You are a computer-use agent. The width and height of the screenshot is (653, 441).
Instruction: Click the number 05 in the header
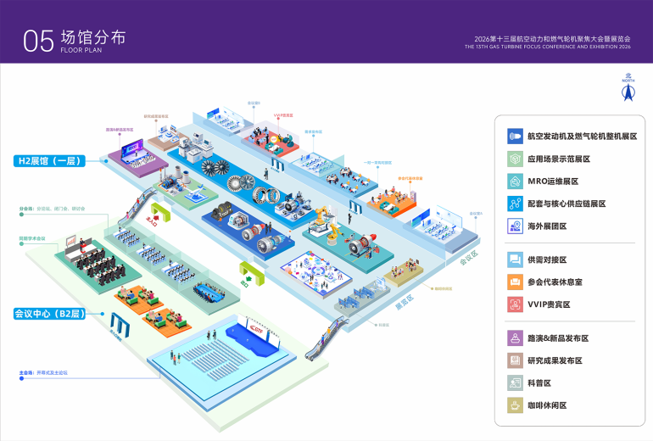tap(39, 40)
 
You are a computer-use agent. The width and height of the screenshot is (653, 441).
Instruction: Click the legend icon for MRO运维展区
tap(514, 181)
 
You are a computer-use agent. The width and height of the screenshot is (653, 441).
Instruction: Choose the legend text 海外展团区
tap(547, 226)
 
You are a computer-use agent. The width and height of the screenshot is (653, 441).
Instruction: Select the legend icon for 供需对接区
tap(514, 260)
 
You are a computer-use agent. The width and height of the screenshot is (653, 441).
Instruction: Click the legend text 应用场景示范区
tap(558, 159)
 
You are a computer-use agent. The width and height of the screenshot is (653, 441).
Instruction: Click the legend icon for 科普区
tap(514, 383)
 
